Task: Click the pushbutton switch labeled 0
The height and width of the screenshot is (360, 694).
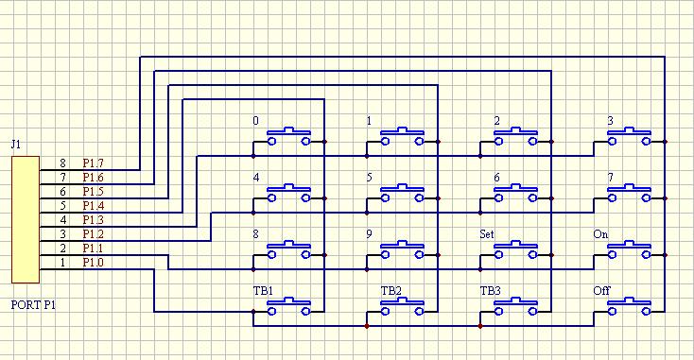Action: tap(288, 137)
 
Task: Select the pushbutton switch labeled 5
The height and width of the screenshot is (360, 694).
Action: tap(403, 194)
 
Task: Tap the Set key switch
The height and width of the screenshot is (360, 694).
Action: tap(515, 249)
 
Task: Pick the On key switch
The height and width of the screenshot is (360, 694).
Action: tap(629, 249)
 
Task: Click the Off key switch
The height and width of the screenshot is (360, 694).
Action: tap(629, 306)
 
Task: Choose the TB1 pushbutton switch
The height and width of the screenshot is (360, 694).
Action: tap(288, 306)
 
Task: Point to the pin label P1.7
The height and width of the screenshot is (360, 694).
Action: tap(93, 163)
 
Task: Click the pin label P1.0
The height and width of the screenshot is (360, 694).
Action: tap(93, 263)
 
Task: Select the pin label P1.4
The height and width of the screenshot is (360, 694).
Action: tap(93, 206)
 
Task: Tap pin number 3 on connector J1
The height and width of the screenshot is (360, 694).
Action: tap(62, 234)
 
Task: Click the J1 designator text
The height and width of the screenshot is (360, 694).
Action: tap(16, 145)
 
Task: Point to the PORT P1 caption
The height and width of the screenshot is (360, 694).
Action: tap(34, 304)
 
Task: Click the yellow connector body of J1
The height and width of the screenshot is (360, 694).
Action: tap(26, 219)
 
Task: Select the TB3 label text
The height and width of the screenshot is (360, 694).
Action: tap(491, 291)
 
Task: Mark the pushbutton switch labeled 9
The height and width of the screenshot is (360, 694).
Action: tap(403, 249)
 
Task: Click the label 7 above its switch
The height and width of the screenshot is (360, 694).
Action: tap(611, 178)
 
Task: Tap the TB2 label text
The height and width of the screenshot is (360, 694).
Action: tap(391, 291)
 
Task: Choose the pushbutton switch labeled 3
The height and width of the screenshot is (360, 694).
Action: tap(629, 137)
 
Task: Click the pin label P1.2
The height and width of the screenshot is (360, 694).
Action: tap(93, 234)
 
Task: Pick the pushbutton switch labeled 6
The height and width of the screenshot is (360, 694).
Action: tap(515, 194)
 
